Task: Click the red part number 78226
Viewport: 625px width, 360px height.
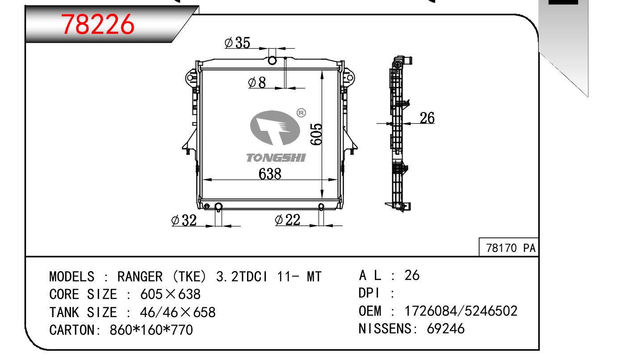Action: [x=98, y=25]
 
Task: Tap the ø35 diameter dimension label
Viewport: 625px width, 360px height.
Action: [x=237, y=43]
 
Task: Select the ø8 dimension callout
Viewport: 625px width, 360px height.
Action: [x=257, y=83]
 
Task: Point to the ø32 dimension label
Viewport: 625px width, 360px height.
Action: [x=184, y=220]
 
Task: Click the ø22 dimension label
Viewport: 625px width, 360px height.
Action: [x=287, y=220]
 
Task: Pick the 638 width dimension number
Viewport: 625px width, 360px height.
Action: [x=270, y=174]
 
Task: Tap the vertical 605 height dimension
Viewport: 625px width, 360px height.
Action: [x=316, y=134]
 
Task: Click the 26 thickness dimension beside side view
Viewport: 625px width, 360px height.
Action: [x=427, y=117]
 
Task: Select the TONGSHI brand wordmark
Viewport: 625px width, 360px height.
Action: [x=276, y=158]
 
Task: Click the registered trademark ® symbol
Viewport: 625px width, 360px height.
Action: [x=301, y=113]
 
